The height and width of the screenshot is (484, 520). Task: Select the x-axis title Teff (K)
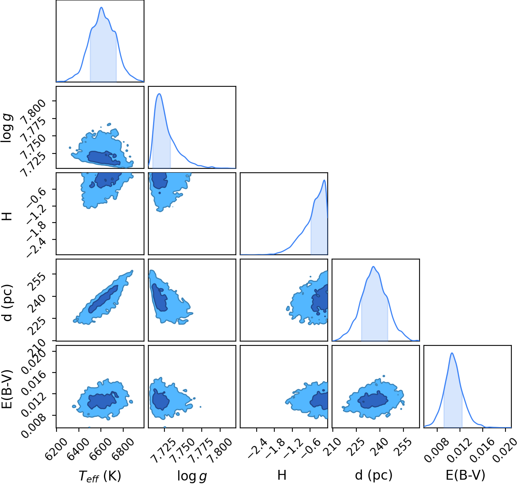tap(100, 476)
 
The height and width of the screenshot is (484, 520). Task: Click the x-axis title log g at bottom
tap(192, 476)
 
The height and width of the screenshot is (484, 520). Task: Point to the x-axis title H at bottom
tap(282, 475)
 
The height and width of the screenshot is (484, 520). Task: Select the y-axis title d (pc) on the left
tap(7, 303)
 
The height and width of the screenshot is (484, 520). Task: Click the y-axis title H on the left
tap(7, 216)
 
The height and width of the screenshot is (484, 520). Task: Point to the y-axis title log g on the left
tap(7, 128)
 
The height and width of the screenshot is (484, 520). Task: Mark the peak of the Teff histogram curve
tap(102, 7)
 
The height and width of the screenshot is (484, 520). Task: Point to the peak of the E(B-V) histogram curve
tap(452, 353)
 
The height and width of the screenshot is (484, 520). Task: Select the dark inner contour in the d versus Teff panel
tap(103, 299)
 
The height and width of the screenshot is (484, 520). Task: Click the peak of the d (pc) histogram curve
tap(373, 267)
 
